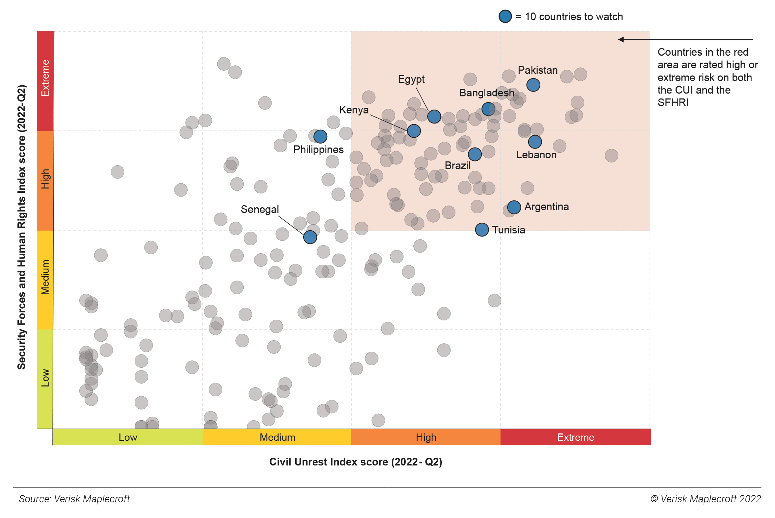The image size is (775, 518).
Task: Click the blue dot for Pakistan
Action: (x=533, y=85)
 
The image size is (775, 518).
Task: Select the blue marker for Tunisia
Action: (x=482, y=230)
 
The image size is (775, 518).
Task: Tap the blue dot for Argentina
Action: (x=514, y=207)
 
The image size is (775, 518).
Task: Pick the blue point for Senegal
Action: (x=310, y=237)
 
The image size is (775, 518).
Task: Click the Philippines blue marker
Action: (x=320, y=136)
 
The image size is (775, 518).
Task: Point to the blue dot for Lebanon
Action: (x=535, y=142)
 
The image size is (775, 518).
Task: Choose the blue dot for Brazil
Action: (x=475, y=154)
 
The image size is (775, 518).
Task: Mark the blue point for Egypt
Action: (x=434, y=117)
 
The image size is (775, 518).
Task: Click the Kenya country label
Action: (x=354, y=110)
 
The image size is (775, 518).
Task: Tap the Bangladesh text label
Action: (x=486, y=93)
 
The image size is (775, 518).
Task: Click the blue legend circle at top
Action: (x=505, y=16)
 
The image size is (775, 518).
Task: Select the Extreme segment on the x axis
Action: (x=575, y=437)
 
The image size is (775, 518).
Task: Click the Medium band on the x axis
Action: (x=277, y=437)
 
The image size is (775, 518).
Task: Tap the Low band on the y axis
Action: (x=45, y=378)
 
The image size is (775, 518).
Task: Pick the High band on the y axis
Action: (x=45, y=180)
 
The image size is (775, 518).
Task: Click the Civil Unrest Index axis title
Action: (x=355, y=462)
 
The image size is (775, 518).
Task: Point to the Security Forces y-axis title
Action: (x=22, y=227)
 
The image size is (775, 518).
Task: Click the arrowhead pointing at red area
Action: (x=621, y=40)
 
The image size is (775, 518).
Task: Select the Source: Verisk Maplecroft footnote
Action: (x=74, y=499)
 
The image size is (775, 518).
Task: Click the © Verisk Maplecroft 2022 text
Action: (x=706, y=499)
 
